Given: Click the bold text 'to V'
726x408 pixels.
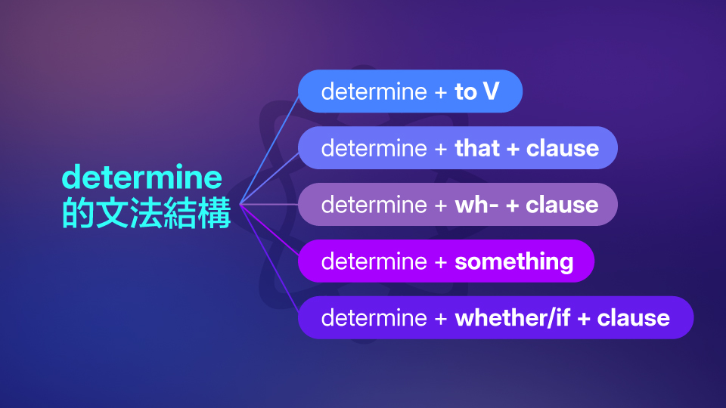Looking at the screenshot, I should tap(476, 92).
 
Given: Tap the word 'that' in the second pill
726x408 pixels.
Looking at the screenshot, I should tap(477, 148).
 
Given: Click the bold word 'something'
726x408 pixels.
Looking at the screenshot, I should tap(513, 261).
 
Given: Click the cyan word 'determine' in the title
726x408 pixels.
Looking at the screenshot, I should tap(142, 178).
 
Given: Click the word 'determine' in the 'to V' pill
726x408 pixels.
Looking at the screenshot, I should tap(374, 92).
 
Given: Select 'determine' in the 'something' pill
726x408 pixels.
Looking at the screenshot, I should tap(374, 261).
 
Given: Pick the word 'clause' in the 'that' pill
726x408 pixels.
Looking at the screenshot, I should tap(562, 148).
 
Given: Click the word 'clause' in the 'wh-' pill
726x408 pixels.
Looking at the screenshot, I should tap(562, 205).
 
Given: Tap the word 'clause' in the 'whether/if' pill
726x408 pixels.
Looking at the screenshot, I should tap(633, 318).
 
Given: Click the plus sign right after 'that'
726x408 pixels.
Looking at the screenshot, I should tap(513, 149).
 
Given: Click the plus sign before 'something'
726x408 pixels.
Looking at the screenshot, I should tap(441, 262).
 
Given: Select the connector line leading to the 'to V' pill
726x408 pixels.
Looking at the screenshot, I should tap(269, 147).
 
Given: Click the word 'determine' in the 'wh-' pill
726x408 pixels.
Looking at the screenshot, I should tap(374, 205).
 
